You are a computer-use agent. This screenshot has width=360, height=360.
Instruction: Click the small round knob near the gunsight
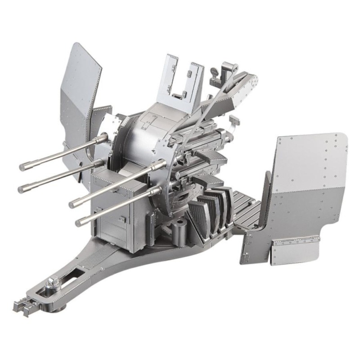(215, 72)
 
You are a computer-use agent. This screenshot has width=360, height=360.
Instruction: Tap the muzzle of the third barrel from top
(72, 204)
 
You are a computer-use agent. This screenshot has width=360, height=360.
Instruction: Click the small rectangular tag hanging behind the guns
(233, 120)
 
